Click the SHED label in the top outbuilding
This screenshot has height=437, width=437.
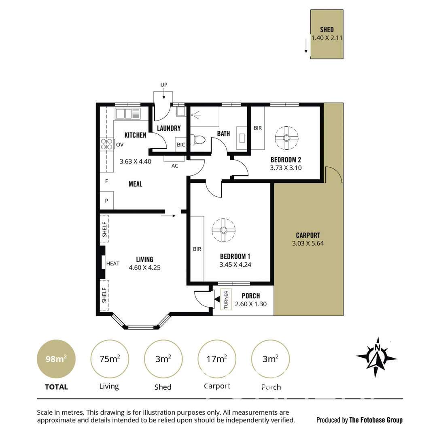click(x=327, y=30)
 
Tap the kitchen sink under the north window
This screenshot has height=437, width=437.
click(x=127, y=113)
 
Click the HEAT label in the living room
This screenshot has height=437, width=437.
click(x=112, y=263)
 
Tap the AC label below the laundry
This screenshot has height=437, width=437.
click(x=175, y=165)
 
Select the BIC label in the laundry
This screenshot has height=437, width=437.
click(x=181, y=144)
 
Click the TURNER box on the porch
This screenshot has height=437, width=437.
click(x=226, y=299)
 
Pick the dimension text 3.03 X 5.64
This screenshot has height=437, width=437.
click(x=308, y=244)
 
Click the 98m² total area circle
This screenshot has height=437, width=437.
click(x=56, y=359)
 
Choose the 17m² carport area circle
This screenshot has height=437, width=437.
click(x=216, y=359)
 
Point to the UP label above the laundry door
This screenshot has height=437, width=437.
click(x=163, y=85)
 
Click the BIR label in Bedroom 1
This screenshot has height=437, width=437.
click(x=197, y=249)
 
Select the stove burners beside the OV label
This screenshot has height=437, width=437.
click(x=107, y=144)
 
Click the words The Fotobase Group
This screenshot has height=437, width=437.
click(x=376, y=420)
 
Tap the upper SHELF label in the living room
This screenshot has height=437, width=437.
click(x=104, y=229)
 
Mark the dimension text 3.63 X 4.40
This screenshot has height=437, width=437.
click(x=135, y=161)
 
